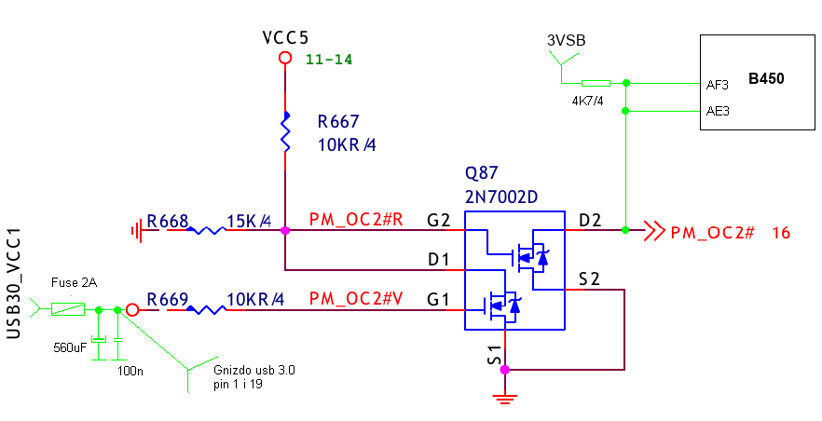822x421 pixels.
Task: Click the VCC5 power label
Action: pos(285,37)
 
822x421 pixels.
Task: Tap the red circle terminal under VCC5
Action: pos(285,58)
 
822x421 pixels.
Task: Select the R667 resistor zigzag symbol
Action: pos(286,132)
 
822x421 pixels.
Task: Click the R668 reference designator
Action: pos(167,221)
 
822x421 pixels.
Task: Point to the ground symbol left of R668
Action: pos(137,230)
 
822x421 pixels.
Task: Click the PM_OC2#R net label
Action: pos(356,220)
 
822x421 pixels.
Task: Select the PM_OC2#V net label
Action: pos(356,299)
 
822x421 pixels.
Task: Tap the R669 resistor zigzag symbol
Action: pos(207,310)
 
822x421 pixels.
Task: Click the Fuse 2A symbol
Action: pos(68,309)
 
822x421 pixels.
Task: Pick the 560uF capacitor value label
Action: pos(70,347)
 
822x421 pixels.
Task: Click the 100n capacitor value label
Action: pos(130,372)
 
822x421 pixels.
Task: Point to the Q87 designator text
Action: pos(481,173)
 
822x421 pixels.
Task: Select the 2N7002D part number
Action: pos(501,197)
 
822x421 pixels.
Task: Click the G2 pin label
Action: pos(438,221)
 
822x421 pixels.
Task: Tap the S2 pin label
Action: pos(589,279)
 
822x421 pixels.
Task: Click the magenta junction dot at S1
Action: pos(504,370)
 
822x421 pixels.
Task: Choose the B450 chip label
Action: pos(766,78)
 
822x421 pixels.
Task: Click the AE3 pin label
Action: pos(718,111)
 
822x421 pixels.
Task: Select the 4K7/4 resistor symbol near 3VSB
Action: pos(596,83)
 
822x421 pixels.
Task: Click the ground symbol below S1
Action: pos(504,399)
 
